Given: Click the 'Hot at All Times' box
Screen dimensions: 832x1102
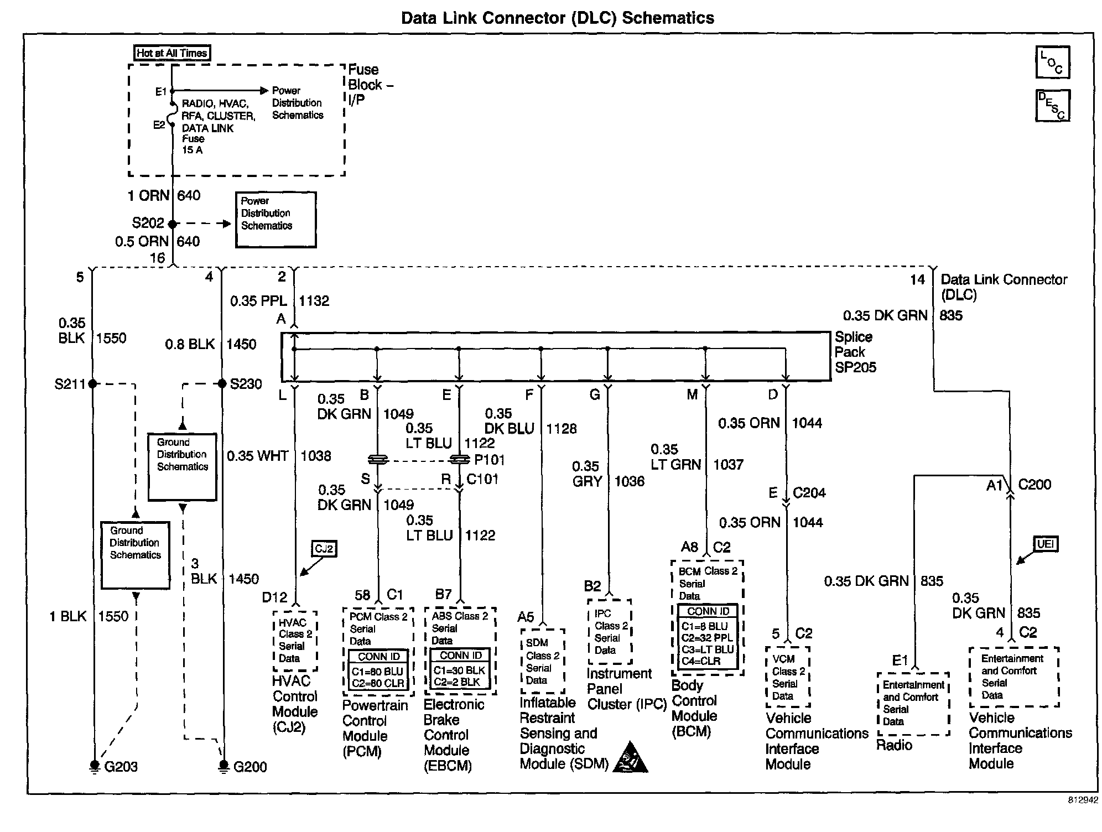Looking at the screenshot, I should point(171,53).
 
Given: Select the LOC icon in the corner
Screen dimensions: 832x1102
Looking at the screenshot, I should point(1052,62).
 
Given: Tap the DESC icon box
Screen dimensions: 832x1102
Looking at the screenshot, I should point(1052,105).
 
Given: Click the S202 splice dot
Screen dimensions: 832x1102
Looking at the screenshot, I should point(172,224).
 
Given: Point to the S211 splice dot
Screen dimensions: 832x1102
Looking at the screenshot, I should point(92,383).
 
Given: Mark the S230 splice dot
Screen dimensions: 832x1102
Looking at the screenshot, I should point(222,383).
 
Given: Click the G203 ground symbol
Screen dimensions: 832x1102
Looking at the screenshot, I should point(95,766).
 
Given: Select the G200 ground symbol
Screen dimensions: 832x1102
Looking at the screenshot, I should point(223,766).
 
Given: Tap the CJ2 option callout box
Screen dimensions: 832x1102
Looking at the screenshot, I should point(324,549).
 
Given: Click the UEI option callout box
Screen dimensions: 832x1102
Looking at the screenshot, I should point(1045,544).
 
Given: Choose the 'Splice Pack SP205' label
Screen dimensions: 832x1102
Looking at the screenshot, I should point(855,352).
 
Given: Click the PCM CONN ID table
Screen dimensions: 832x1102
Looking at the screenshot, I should point(379,670).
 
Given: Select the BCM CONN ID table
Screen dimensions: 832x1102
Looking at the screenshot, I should point(708,637).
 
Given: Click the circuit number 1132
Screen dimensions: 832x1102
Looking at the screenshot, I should point(314,301).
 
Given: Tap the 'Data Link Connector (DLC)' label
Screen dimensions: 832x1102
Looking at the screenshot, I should point(1003,287).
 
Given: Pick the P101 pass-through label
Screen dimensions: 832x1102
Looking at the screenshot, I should point(489,460).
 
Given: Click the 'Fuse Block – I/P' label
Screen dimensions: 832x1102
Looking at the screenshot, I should point(370,85).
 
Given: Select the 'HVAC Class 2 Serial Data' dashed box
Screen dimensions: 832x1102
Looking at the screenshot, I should point(295,641).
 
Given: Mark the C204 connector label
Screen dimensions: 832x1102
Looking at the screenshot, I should point(809,493).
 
